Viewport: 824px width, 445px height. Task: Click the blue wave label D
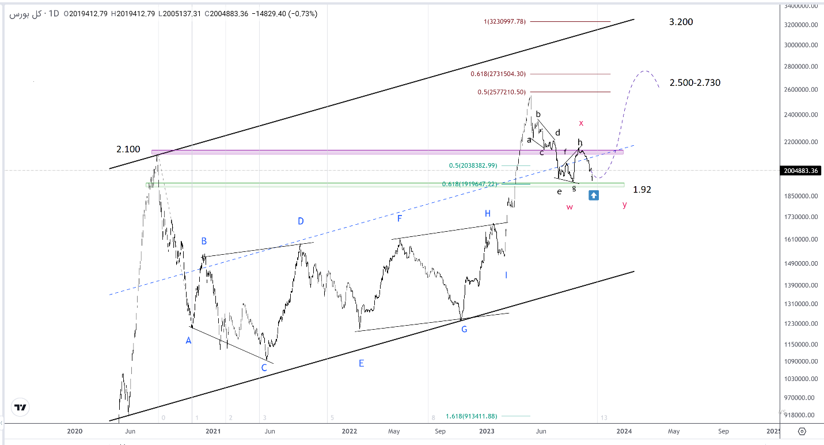pyautogui.click(x=301, y=221)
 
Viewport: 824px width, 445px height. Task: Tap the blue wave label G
pyautogui.click(x=464, y=329)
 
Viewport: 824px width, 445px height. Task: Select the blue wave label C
pyautogui.click(x=264, y=367)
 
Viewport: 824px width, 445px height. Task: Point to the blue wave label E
pyautogui.click(x=361, y=363)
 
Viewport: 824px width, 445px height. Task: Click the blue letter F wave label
pyautogui.click(x=399, y=218)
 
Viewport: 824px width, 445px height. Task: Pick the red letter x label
pyautogui.click(x=582, y=123)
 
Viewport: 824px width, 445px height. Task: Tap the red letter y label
pyautogui.click(x=625, y=205)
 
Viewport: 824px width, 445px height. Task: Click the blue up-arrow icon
pyautogui.click(x=594, y=195)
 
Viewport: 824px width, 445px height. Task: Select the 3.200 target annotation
pyautogui.click(x=681, y=22)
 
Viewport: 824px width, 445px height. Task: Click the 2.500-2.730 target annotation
pyautogui.click(x=694, y=82)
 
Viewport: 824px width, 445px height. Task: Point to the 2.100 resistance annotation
pyautogui.click(x=128, y=149)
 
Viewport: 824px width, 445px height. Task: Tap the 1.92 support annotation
pyautogui.click(x=642, y=190)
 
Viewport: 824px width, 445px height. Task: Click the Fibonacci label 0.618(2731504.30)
pyautogui.click(x=498, y=74)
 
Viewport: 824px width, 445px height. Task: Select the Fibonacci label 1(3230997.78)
pyautogui.click(x=504, y=22)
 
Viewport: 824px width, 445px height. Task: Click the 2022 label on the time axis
pyautogui.click(x=349, y=431)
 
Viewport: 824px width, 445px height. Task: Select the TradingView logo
pyautogui.click(x=21, y=408)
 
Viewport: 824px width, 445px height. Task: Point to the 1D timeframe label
pyautogui.click(x=54, y=13)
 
